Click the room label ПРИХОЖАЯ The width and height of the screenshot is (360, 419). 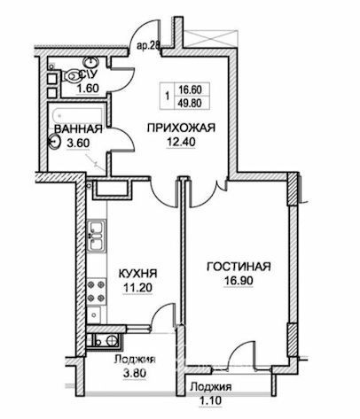(181, 128)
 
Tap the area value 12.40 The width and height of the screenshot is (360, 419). (181, 143)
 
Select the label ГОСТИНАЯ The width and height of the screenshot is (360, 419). (239, 267)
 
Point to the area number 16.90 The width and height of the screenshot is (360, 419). (239, 281)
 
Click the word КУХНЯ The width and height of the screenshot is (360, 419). (137, 274)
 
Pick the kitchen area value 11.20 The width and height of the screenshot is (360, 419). (137, 288)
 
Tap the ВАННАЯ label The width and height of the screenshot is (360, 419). (79, 129)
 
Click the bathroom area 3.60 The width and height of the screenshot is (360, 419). (78, 144)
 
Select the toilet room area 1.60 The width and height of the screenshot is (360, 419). (88, 89)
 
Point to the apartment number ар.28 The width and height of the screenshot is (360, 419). (148, 46)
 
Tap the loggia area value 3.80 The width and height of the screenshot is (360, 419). (135, 374)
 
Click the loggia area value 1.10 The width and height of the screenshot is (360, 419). (210, 400)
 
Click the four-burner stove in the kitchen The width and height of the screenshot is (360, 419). (97, 291)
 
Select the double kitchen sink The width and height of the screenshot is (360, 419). (97, 237)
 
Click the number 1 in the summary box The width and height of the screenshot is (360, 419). (168, 97)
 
